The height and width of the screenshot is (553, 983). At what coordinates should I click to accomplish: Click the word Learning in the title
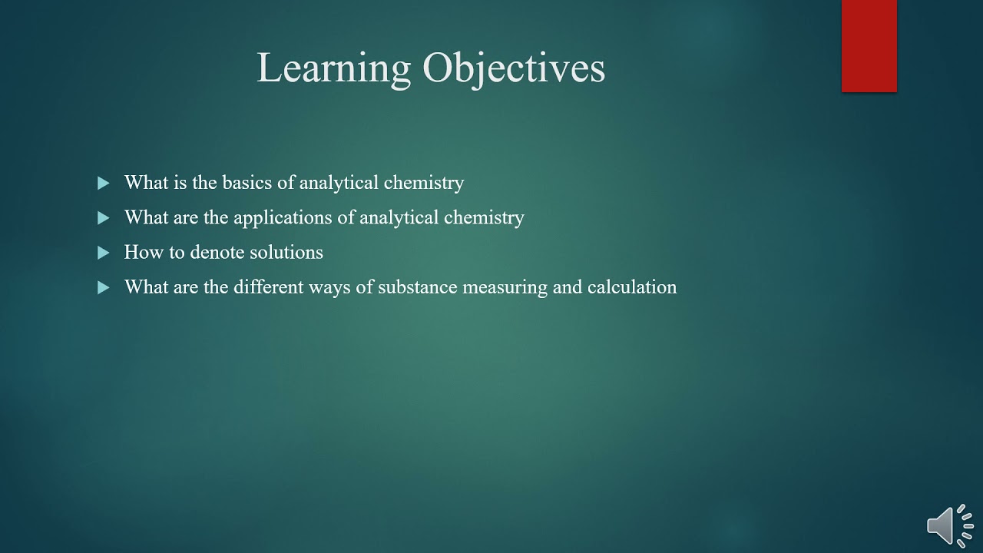point(334,69)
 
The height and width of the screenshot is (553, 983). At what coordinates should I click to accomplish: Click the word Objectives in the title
point(514,69)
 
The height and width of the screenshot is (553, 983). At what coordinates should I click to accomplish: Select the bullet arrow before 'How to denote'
point(104,253)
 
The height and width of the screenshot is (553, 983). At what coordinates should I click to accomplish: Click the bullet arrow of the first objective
point(104,183)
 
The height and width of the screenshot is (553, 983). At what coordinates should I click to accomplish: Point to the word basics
point(246,183)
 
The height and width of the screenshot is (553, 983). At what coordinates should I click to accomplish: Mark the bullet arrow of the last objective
point(104,287)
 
